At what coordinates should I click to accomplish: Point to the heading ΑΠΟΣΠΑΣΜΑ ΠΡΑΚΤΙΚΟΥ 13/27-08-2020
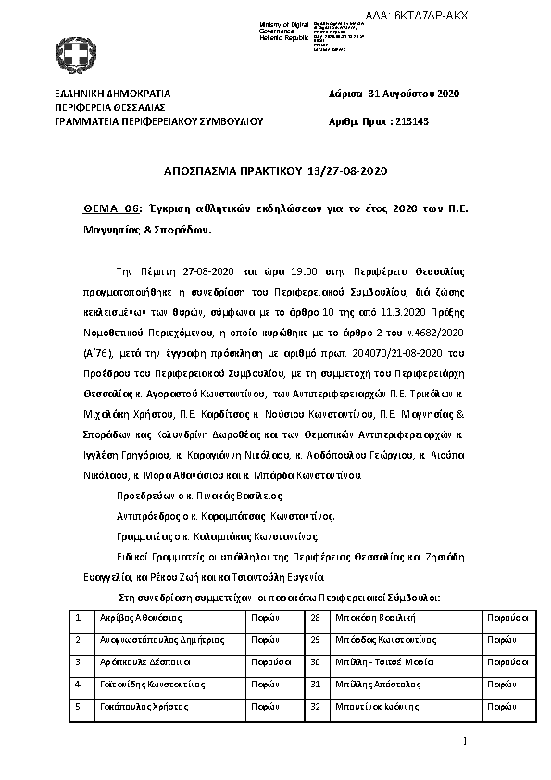tap(274, 172)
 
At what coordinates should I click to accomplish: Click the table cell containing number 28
tap(315, 616)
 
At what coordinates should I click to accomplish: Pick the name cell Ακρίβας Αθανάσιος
tap(141, 616)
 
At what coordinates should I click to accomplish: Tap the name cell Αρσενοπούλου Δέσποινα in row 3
tap(145, 661)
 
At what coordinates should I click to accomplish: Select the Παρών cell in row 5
tap(264, 706)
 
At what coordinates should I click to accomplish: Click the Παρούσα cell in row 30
tap(507, 661)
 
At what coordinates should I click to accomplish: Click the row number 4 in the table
tap(79, 684)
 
